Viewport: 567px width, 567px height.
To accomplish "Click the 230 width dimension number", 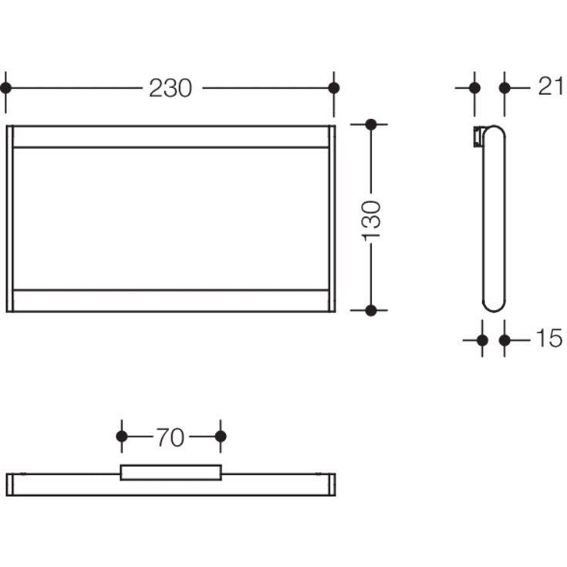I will pos(170,89).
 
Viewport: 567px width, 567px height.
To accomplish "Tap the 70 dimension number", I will pos(170,437).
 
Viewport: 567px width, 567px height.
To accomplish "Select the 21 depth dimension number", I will pos(550,87).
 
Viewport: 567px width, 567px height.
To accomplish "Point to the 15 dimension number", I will pos(548,339).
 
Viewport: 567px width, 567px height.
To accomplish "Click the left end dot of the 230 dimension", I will pos(6,88).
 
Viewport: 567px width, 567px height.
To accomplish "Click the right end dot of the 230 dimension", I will pos(333,88).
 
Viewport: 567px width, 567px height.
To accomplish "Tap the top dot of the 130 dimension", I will pos(371,124).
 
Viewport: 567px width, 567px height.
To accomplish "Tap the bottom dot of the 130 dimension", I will pos(371,310).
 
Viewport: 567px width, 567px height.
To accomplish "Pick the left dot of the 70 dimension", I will pos(121,437).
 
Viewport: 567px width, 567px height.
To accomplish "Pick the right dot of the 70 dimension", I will pos(221,437).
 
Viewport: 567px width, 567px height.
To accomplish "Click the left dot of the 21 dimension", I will pos(474,87).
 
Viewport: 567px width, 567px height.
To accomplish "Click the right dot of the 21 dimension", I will pos(505,87).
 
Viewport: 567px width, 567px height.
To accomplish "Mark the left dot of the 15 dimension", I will pos(483,339).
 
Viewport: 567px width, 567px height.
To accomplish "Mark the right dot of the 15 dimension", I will pos(505,339).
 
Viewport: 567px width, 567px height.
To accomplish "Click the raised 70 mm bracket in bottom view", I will pos(170,471).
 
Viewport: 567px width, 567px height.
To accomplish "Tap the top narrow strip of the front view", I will pos(170,136).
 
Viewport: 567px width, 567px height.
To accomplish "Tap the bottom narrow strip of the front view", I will pos(170,301).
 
